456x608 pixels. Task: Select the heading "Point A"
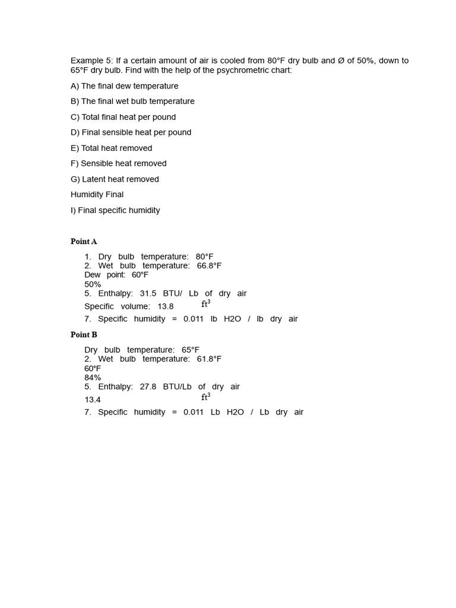click(x=84, y=242)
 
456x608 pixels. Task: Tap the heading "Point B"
click(x=84, y=335)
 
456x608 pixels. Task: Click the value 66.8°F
click(x=209, y=266)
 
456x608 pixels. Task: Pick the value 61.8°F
click(x=209, y=359)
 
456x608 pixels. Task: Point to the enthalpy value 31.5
click(x=148, y=293)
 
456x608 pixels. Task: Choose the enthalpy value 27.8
click(x=148, y=387)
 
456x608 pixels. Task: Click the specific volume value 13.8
click(x=166, y=306)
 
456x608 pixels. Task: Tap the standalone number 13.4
click(x=93, y=400)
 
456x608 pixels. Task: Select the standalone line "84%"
click(x=93, y=378)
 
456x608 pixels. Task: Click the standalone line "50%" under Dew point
click(x=93, y=284)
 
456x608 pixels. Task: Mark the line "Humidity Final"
click(x=97, y=195)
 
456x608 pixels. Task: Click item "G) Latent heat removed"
click(x=115, y=179)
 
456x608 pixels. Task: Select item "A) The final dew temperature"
click(x=124, y=86)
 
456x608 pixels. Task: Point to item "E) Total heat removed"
click(x=111, y=148)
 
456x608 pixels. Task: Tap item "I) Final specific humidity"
click(x=115, y=210)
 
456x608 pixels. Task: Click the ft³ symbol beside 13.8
click(x=205, y=304)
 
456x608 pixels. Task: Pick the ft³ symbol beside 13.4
click(x=205, y=397)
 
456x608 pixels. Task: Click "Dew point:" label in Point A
click(x=104, y=275)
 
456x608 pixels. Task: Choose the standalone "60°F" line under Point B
click(x=93, y=369)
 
